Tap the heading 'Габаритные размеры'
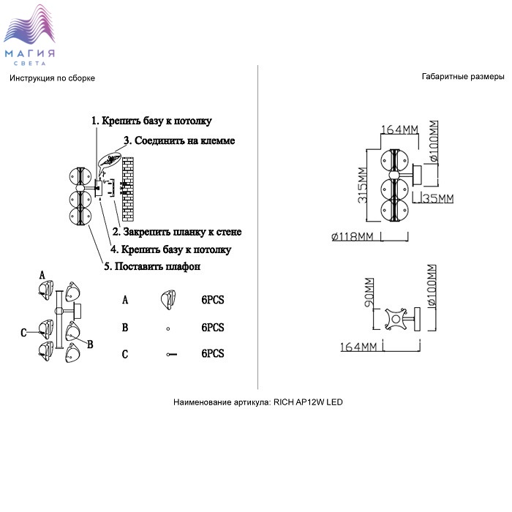[x=463, y=77]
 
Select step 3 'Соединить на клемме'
[x=179, y=140]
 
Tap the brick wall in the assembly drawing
[x=129, y=189]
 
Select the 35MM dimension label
[x=438, y=198]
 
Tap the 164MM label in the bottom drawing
[x=358, y=346]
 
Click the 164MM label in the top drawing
[x=399, y=130]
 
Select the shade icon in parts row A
[x=169, y=299]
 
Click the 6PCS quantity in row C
[x=212, y=353]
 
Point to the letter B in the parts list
[x=125, y=328]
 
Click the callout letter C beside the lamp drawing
[x=24, y=332]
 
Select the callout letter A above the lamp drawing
[x=42, y=274]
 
